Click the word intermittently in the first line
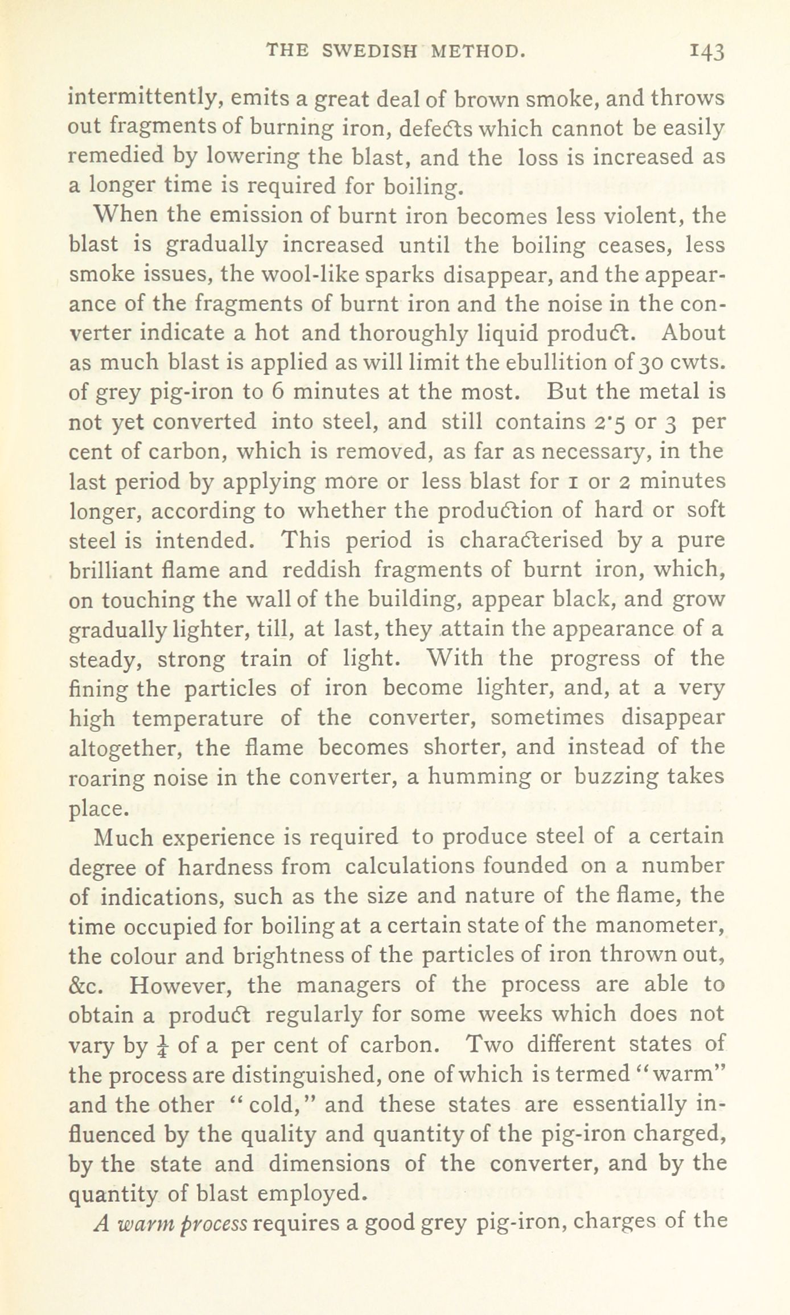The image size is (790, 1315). point(142,98)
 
